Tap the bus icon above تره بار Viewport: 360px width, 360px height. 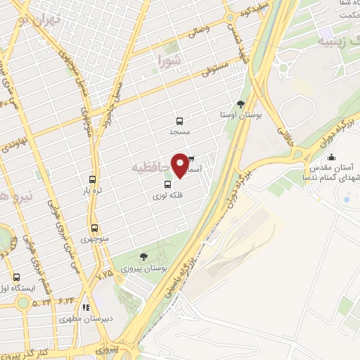click(92, 179)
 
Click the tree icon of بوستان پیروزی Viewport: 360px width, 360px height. click(144, 257)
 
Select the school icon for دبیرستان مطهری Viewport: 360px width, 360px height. click(86, 307)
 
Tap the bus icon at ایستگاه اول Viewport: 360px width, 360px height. click(16, 277)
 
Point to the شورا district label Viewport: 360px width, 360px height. click(169, 60)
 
